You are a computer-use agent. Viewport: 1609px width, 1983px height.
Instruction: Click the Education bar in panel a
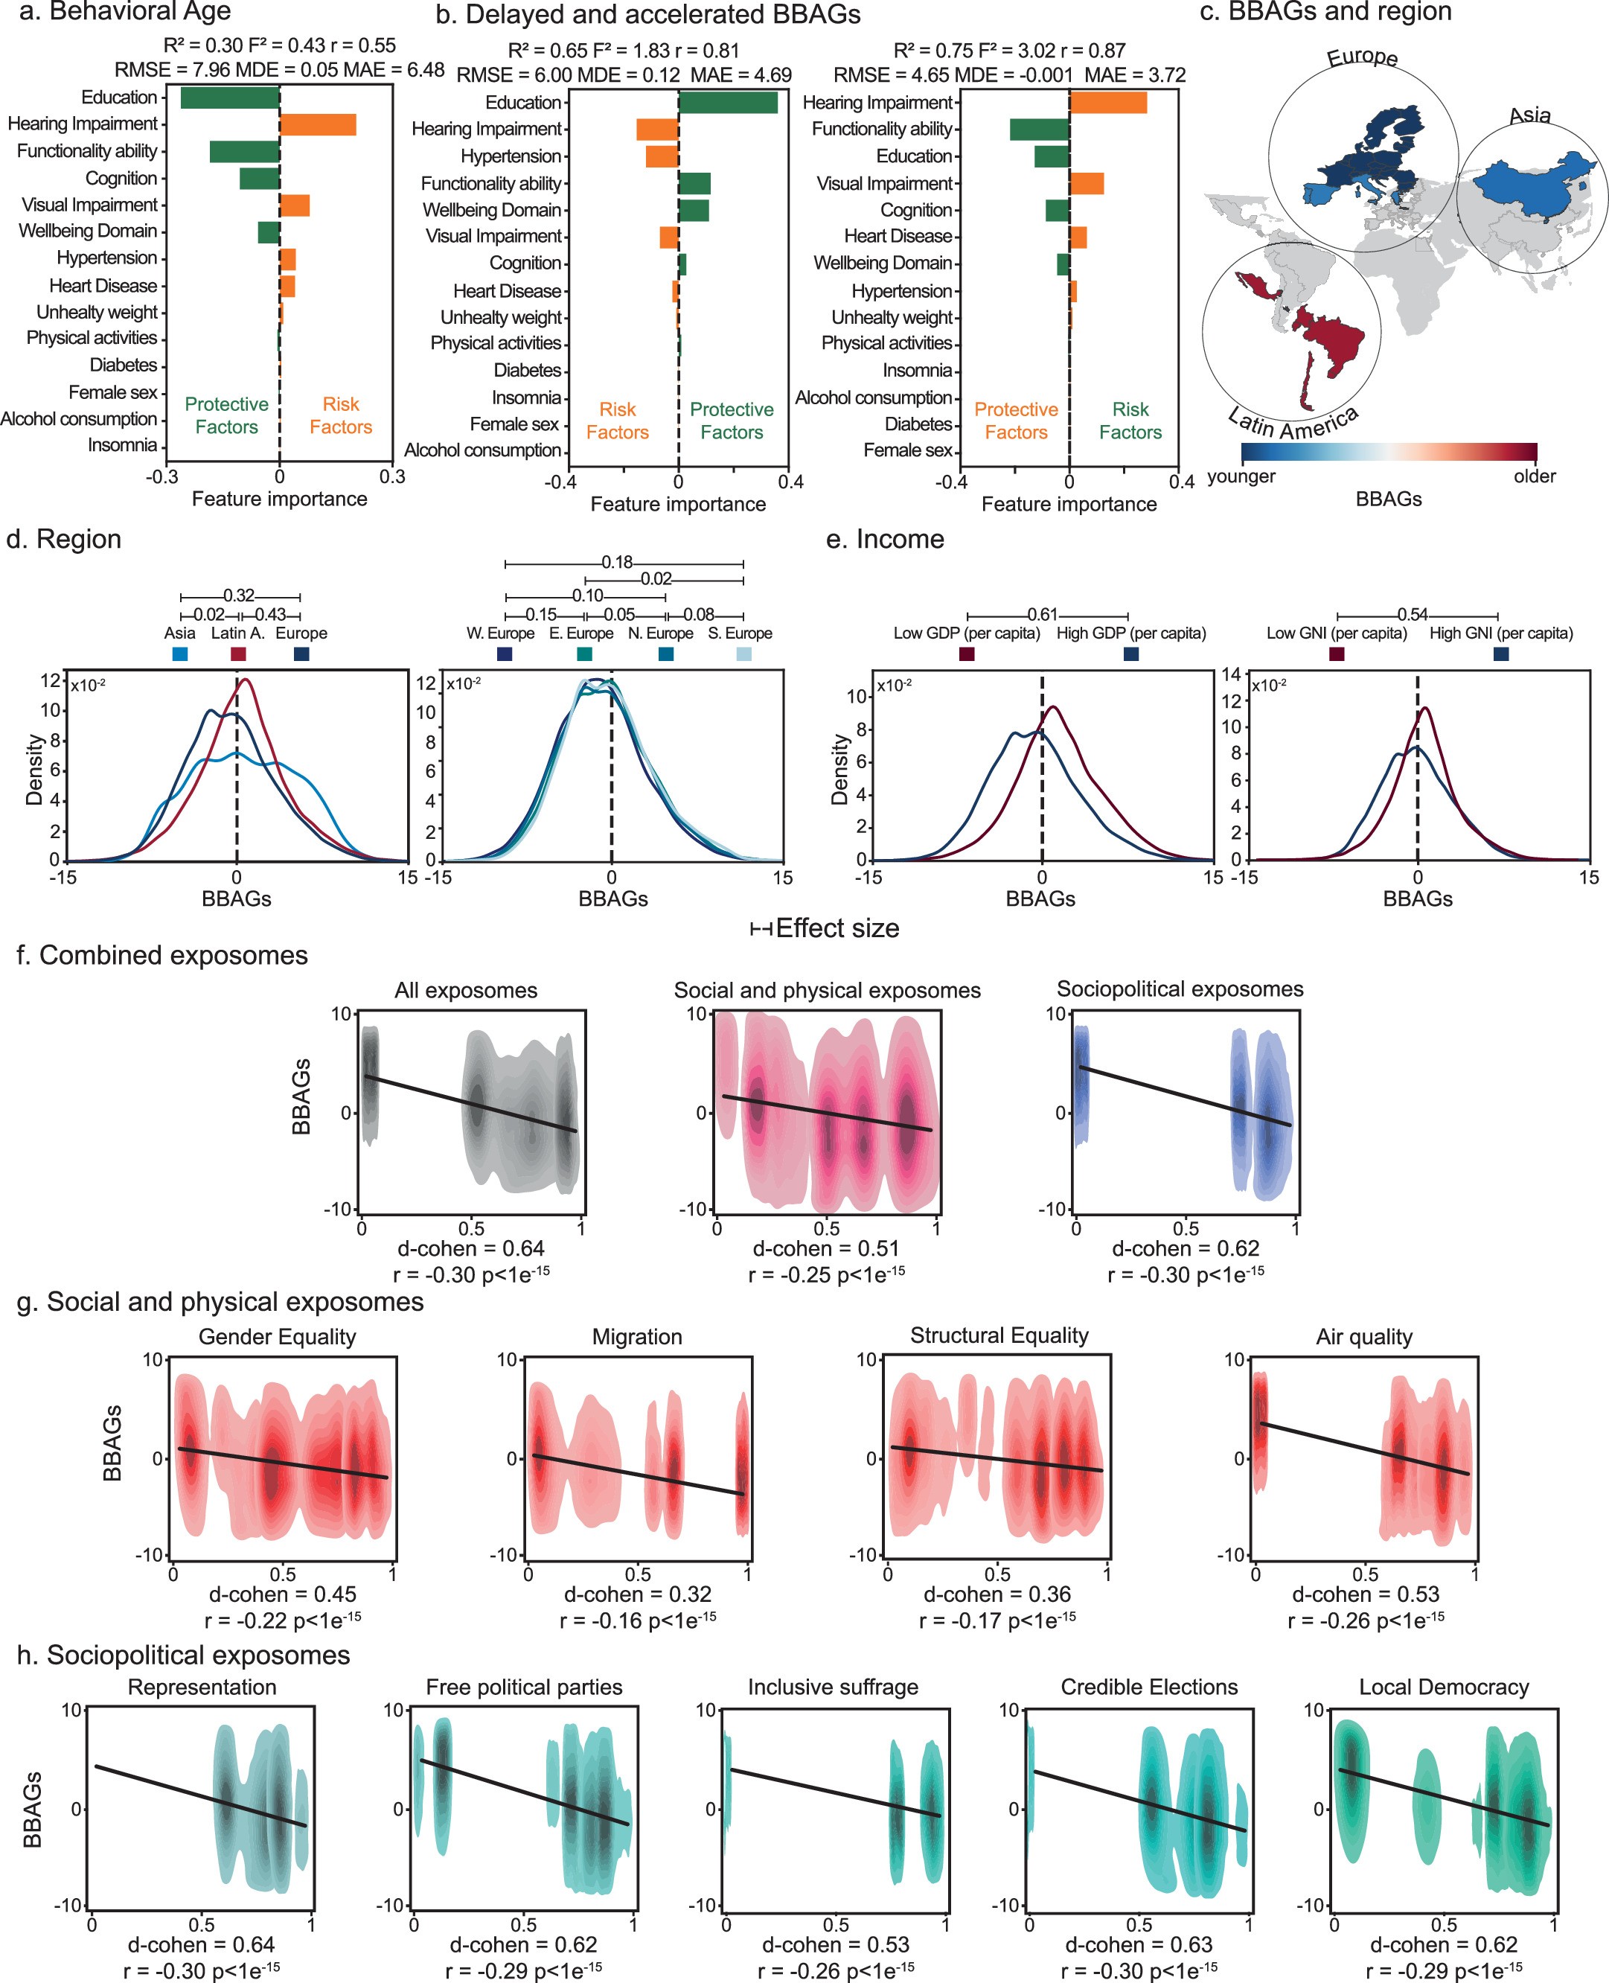click(x=230, y=98)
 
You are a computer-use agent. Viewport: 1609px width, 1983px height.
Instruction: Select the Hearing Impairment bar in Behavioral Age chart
click(x=318, y=124)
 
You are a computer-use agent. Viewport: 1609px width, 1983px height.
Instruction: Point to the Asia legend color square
click(x=181, y=654)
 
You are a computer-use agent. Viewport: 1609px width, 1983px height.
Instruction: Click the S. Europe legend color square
click(x=743, y=654)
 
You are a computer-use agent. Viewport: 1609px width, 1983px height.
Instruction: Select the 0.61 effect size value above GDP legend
click(x=1042, y=615)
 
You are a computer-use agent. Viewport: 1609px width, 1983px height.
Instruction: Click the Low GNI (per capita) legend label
click(x=1337, y=633)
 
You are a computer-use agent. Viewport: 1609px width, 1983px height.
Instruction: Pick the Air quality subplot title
click(x=1363, y=1336)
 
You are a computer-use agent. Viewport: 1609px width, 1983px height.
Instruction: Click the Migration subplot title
click(x=637, y=1336)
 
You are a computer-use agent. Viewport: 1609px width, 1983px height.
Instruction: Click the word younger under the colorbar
click(x=1241, y=476)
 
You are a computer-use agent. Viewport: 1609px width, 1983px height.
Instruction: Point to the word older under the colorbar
click(x=1534, y=476)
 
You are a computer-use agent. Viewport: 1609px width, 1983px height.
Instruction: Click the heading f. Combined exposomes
click(x=162, y=956)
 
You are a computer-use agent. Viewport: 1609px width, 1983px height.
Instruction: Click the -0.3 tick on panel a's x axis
click(x=161, y=477)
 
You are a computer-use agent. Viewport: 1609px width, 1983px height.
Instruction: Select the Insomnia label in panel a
click(x=122, y=446)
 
